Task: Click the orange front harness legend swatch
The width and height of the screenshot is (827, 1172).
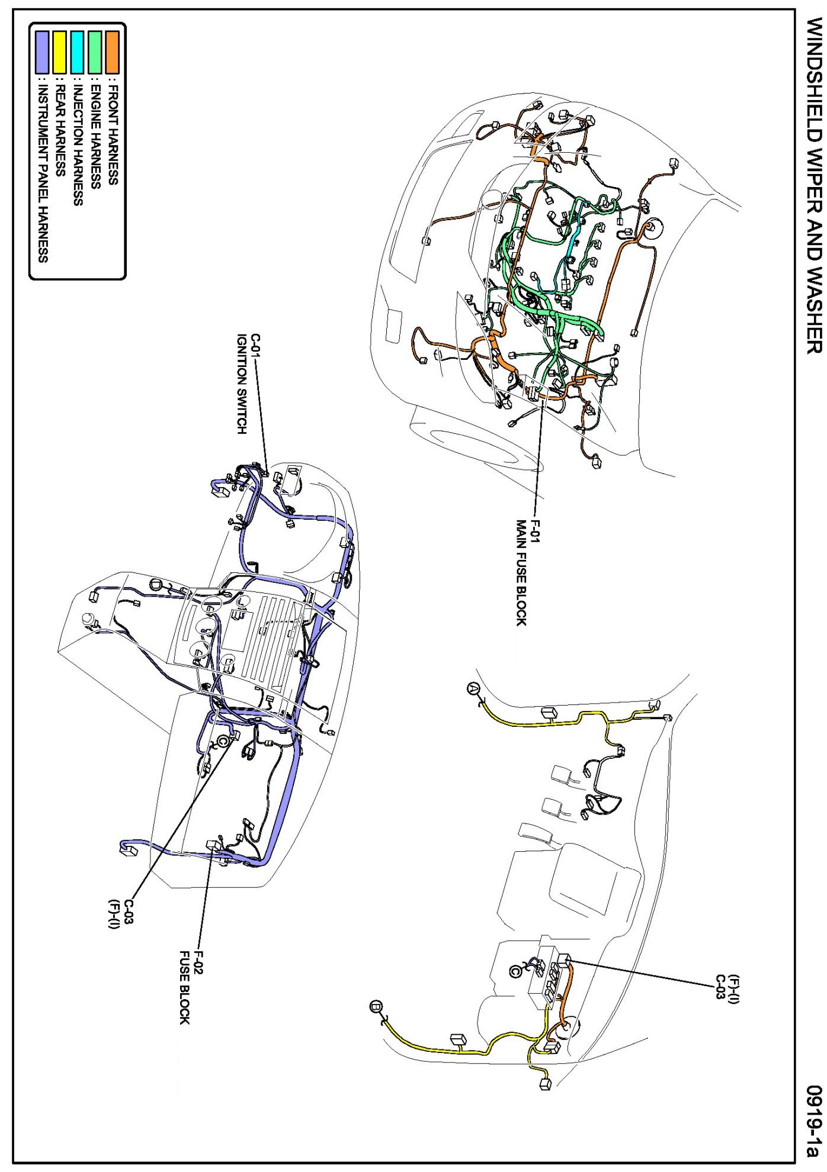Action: pyautogui.click(x=112, y=52)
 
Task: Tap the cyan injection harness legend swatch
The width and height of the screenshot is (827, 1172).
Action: pyautogui.click(x=77, y=52)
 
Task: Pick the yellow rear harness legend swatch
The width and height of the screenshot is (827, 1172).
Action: pyautogui.click(x=60, y=52)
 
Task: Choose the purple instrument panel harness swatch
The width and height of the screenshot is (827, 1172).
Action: pyautogui.click(x=42, y=52)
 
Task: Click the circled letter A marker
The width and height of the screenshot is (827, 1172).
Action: pyautogui.click(x=472, y=687)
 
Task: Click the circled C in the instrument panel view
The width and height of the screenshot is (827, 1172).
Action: pyautogui.click(x=224, y=740)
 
